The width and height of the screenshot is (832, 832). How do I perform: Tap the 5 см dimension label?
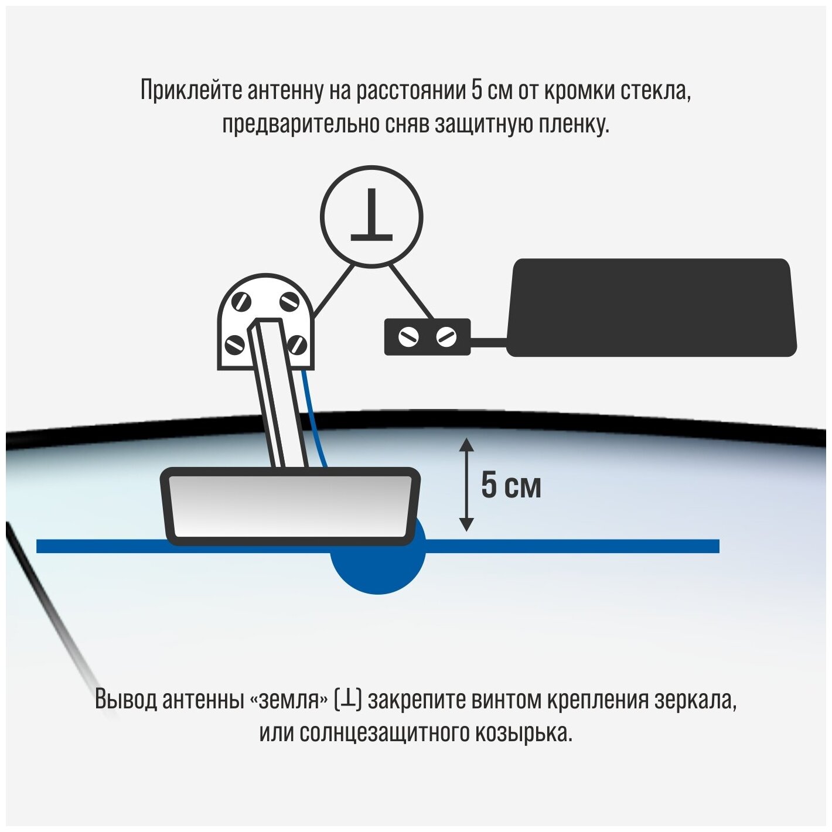tap(511, 486)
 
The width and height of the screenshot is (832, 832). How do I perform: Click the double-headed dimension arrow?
tap(466, 485)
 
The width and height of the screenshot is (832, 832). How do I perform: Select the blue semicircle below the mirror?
tap(378, 571)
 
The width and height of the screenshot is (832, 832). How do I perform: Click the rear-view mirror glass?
tap(290, 505)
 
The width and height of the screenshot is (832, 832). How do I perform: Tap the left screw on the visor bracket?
tap(408, 337)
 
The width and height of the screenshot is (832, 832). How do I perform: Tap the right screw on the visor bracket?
tap(446, 337)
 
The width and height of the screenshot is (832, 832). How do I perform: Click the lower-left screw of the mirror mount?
tap(235, 344)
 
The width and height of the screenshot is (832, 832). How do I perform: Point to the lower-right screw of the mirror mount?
tap(298, 344)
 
